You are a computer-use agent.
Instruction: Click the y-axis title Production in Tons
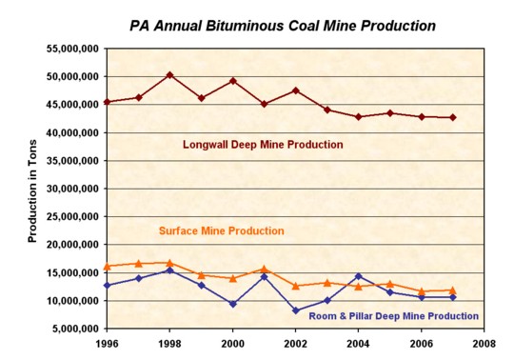(31, 188)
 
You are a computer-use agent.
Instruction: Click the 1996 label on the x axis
(107, 344)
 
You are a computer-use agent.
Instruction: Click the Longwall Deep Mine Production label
(263, 145)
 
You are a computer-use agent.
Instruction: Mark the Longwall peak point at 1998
(168, 74)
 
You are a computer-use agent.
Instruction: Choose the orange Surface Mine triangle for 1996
(107, 267)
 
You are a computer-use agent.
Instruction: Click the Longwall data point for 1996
(107, 102)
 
